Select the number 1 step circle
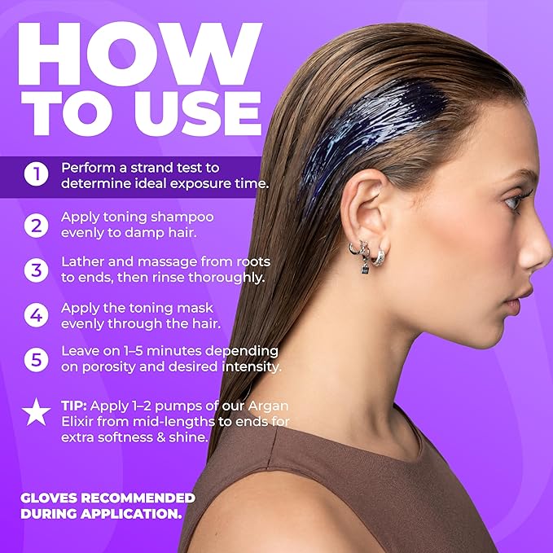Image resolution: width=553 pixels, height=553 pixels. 36,174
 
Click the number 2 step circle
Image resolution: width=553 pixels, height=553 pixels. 36,226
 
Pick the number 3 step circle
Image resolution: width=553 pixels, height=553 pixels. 36,270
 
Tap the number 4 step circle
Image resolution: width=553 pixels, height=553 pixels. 36,315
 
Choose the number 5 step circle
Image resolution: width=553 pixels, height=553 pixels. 36,359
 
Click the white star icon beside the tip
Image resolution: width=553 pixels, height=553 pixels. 36,413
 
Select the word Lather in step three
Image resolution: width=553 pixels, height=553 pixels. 84,262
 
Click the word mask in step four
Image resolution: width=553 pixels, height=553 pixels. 208,307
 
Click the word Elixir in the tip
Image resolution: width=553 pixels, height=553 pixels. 81,422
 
